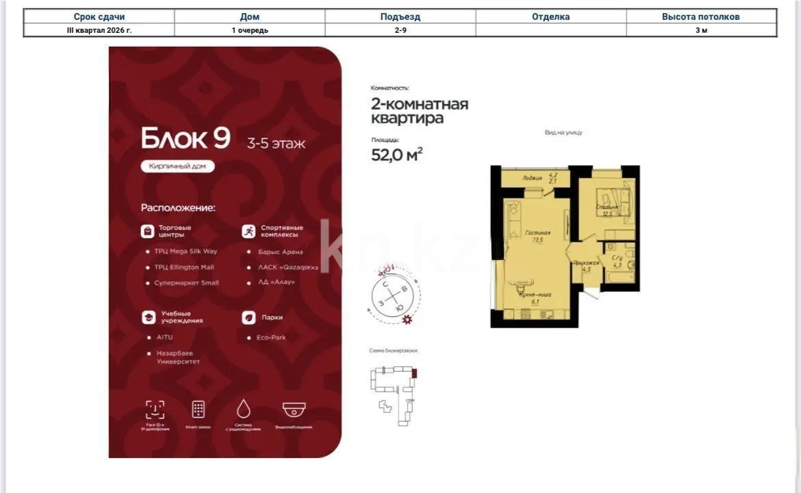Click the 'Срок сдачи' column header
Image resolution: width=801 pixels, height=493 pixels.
click(99, 16)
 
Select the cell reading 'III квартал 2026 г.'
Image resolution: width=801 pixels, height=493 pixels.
click(99, 30)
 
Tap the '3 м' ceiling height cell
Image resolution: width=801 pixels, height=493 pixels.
click(701, 30)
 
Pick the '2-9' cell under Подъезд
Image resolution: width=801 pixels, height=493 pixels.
click(400, 30)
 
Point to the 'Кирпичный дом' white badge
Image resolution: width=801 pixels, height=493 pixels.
click(178, 166)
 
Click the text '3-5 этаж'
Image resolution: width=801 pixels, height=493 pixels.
click(276, 144)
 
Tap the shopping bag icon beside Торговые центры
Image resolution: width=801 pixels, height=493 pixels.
click(147, 231)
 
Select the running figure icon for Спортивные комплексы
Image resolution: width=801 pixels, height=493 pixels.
click(249, 231)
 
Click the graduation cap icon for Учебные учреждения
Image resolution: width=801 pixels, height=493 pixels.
click(147, 318)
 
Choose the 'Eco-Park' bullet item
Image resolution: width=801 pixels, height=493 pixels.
click(272, 338)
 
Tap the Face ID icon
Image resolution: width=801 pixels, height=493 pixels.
click(155, 409)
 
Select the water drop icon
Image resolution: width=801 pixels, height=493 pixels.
click(243, 409)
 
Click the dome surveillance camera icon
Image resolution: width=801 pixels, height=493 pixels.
click(294, 409)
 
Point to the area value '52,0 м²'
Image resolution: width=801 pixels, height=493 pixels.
click(396, 155)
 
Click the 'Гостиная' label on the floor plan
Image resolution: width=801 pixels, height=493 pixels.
click(537, 233)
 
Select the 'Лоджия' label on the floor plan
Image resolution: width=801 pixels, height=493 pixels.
click(531, 177)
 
